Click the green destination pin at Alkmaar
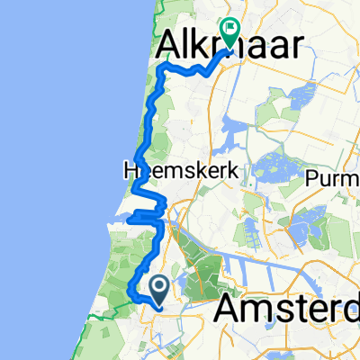230,34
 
